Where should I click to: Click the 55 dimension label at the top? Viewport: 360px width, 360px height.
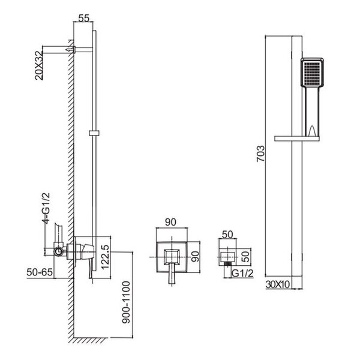[83, 18]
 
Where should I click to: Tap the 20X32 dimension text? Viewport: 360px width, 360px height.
[39, 65]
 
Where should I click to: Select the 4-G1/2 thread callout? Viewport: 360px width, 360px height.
[46, 208]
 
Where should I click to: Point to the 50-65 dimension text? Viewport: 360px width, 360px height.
[40, 272]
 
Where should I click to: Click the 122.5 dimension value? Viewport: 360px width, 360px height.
[105, 257]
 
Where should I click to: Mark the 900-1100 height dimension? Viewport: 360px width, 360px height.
[126, 302]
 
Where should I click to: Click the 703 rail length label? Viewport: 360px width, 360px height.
[260, 154]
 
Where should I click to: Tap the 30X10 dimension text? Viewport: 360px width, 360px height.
[278, 284]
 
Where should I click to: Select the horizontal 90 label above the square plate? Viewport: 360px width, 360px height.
[170, 222]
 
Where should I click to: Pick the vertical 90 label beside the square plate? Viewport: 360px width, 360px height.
[196, 256]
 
